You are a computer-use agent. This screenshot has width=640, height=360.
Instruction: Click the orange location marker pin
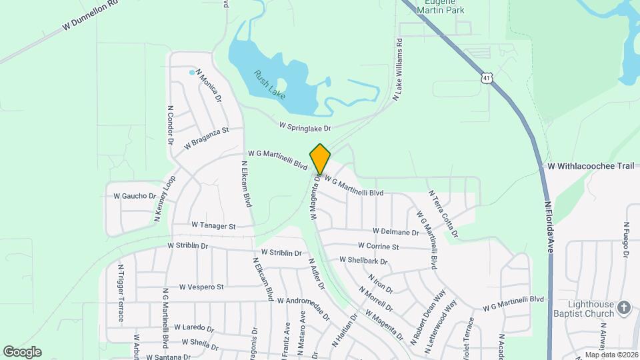click(320, 159)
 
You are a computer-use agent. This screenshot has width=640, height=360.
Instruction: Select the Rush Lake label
click(269, 85)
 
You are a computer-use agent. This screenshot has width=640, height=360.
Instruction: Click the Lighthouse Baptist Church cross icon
click(623, 307)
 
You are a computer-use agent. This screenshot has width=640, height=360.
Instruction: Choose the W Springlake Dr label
click(305, 125)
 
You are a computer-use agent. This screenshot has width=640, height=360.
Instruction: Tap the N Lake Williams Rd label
click(397, 69)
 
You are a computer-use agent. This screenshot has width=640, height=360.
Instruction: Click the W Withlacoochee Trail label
click(591, 166)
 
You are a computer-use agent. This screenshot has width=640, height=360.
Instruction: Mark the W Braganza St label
click(207, 136)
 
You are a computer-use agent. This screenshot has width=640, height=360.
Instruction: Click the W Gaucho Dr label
click(134, 196)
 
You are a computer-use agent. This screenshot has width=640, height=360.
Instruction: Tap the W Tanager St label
click(213, 226)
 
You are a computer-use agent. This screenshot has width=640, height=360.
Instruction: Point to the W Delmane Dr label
click(396, 231)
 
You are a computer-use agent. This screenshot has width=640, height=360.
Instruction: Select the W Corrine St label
click(378, 247)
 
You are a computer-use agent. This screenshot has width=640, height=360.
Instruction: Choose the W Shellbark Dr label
click(363, 260)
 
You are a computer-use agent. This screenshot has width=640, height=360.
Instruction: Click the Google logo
click(22, 351)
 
